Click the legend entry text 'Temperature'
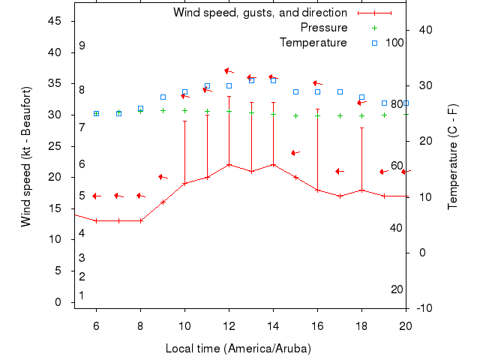[x=313, y=42]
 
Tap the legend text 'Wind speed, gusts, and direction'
[x=259, y=13]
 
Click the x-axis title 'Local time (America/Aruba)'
[x=238, y=349]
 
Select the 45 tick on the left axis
[x=55, y=21]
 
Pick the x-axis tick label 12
[x=229, y=325]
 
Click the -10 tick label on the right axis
[x=424, y=308]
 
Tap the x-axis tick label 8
[x=140, y=325]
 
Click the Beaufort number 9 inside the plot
[x=82, y=46]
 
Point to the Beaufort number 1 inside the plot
[x=82, y=295]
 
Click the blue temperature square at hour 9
[x=163, y=97]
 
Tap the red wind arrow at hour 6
[x=96, y=196]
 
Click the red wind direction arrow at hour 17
[x=339, y=172]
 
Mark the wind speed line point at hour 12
[x=229, y=164]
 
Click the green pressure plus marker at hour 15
[x=295, y=116]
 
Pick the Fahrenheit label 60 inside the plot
[x=397, y=166]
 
